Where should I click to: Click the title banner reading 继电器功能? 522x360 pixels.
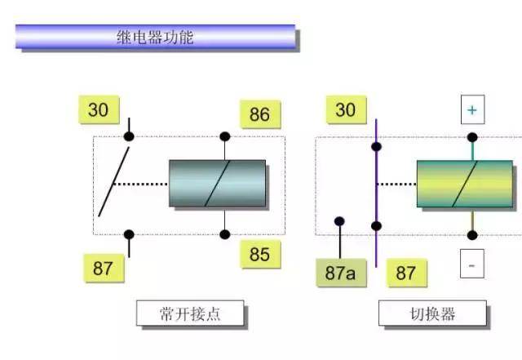click(x=155, y=37)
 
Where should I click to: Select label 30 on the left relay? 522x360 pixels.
click(x=98, y=110)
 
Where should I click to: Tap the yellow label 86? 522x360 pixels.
click(x=259, y=114)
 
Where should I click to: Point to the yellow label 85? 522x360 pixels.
click(x=259, y=255)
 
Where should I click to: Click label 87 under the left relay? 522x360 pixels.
click(x=103, y=268)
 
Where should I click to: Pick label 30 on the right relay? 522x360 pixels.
click(x=345, y=110)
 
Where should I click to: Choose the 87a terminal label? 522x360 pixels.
click(x=340, y=273)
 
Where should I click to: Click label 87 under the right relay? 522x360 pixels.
click(x=405, y=273)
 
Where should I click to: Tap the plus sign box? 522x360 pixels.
click(x=471, y=109)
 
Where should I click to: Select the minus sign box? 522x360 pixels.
click(x=471, y=265)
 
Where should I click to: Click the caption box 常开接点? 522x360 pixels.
click(x=189, y=313)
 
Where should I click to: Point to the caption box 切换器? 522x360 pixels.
click(x=432, y=314)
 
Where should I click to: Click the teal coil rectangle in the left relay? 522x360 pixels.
click(x=217, y=183)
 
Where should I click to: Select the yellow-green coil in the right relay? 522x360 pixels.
click(x=465, y=183)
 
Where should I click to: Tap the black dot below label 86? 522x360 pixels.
click(x=225, y=136)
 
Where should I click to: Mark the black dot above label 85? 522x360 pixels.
click(x=225, y=234)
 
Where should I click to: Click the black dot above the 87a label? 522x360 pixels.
click(x=339, y=221)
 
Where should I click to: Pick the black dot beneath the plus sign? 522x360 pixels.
click(x=472, y=137)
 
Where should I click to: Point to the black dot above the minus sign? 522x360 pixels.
click(x=472, y=235)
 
